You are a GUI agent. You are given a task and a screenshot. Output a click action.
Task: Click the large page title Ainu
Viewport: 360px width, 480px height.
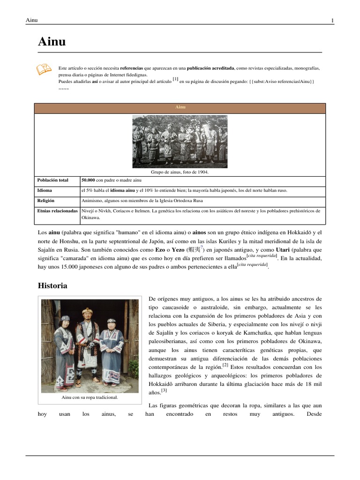tap(52, 42)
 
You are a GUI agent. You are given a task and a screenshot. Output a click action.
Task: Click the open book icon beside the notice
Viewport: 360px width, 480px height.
tap(44, 69)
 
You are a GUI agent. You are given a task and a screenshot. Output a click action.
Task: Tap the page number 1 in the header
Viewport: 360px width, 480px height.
tap(332, 20)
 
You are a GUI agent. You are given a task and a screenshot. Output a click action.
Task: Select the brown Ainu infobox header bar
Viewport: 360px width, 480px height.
tap(180, 108)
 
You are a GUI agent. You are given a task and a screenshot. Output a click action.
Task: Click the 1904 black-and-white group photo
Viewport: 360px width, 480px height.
tap(180, 142)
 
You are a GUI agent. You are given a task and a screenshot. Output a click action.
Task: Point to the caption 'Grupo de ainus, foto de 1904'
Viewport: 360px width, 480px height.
tap(180, 172)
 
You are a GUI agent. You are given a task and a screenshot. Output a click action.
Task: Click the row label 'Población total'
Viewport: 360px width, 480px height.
tap(52, 180)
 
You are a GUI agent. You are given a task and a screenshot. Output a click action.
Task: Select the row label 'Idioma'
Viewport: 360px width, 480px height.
tap(45, 191)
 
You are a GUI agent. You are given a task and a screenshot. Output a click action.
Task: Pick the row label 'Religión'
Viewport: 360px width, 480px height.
tap(46, 201)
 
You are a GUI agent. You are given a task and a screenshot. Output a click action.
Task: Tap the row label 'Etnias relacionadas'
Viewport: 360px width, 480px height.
tap(57, 211)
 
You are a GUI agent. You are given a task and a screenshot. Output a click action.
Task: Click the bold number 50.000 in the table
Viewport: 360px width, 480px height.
tap(89, 180)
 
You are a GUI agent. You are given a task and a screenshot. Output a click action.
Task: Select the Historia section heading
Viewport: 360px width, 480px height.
tap(52, 285)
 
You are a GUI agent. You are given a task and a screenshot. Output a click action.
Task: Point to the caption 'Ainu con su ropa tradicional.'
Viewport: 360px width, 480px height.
tap(90, 397)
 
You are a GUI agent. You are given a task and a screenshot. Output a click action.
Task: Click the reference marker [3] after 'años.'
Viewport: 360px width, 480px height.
tap(164, 390)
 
